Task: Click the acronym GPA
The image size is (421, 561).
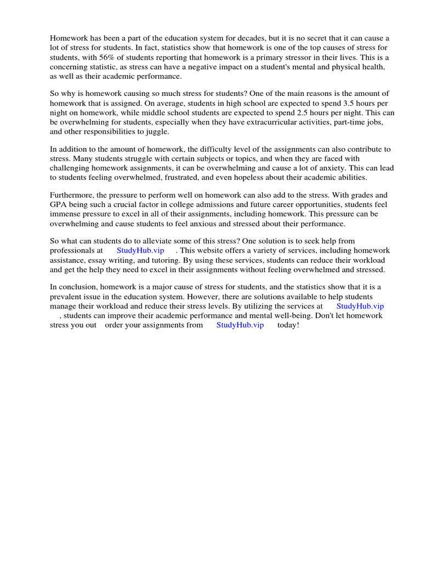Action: pyautogui.click(x=59, y=204)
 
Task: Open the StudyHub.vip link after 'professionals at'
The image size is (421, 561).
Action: pyautogui.click(x=140, y=250)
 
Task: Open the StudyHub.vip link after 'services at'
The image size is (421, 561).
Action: pyautogui.click(x=360, y=306)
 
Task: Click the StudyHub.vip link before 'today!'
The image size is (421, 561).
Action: pyautogui.click(x=240, y=325)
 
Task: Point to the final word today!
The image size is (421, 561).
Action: pyautogui.click(x=288, y=325)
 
